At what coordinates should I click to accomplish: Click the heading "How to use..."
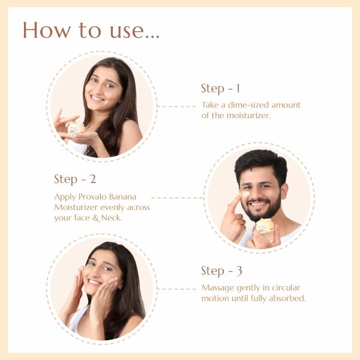91,30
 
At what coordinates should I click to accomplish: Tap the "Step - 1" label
221,88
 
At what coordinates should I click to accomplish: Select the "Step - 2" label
75,179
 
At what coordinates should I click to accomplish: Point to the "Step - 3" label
221,271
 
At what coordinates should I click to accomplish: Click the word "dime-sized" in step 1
248,105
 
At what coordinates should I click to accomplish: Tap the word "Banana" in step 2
122,197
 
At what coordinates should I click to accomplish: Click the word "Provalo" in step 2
92,197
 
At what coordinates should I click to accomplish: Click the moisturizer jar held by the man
265,226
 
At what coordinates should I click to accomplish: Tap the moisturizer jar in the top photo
76,128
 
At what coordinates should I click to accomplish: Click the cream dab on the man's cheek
245,194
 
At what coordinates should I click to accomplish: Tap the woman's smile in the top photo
97,98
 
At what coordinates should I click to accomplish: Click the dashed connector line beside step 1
176,107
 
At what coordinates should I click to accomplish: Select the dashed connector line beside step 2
178,197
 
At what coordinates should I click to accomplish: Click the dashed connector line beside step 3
176,289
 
